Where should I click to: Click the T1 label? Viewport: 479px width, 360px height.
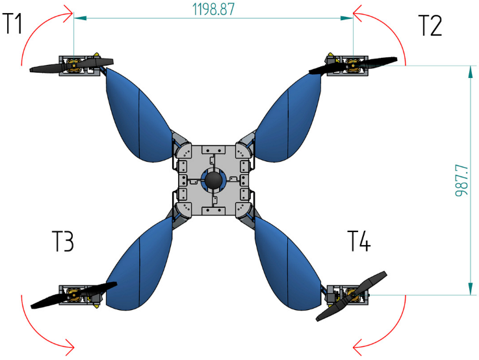(x=13, y=25)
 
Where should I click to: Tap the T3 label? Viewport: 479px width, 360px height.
(x=62, y=242)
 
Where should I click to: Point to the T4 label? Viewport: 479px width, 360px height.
(x=359, y=242)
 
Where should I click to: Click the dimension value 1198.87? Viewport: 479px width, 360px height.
(x=214, y=8)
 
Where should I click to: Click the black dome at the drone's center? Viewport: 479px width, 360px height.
(x=213, y=179)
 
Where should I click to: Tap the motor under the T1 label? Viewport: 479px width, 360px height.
(x=73, y=65)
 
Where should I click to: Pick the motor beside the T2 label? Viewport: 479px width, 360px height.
(x=352, y=65)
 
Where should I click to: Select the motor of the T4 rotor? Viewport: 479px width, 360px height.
(x=352, y=294)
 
